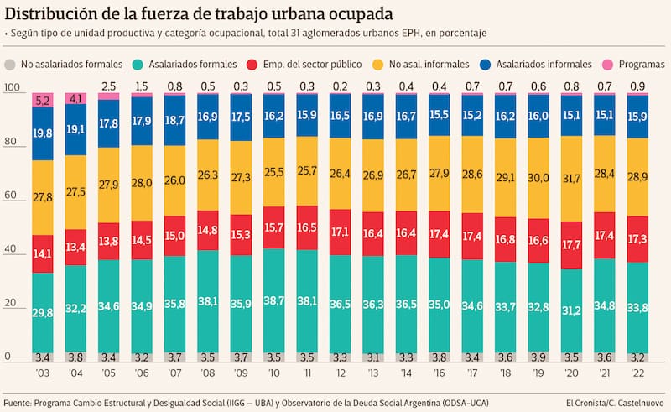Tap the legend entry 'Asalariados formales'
click(190, 65)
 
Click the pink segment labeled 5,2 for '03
click(42, 101)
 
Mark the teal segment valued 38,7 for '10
click(274, 300)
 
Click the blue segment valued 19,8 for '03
click(42, 133)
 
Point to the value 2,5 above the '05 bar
click(108, 86)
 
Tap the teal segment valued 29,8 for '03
click(42, 312)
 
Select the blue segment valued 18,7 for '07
click(174, 121)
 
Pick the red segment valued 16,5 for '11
click(307, 227)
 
